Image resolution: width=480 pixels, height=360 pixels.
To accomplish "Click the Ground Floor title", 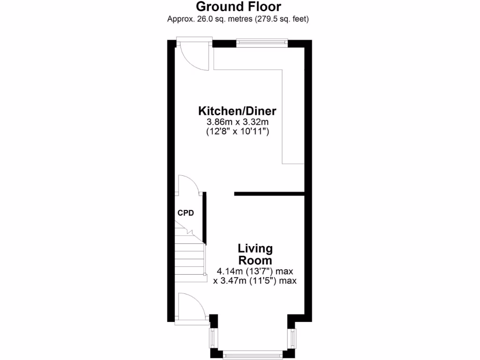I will tap(238, 7).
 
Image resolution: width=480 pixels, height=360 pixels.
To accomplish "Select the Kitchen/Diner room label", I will tap(237, 111).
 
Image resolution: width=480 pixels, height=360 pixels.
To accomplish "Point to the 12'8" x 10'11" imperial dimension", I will tap(237, 132).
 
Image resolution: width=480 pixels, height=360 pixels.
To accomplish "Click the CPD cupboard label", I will tap(186, 213).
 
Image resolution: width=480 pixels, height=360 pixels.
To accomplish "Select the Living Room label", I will tap(255, 254).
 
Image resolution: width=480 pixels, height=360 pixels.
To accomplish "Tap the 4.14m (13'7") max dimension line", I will tap(255, 271).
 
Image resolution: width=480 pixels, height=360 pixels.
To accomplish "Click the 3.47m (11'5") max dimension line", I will tap(255, 281).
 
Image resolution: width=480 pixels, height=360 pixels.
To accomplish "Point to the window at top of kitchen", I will tap(262, 43).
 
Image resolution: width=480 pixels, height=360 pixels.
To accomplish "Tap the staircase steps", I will tap(190, 262).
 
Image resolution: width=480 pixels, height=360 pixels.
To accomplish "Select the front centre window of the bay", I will tap(252, 353).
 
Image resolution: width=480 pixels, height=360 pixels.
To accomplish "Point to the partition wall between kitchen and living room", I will tap(270, 193).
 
